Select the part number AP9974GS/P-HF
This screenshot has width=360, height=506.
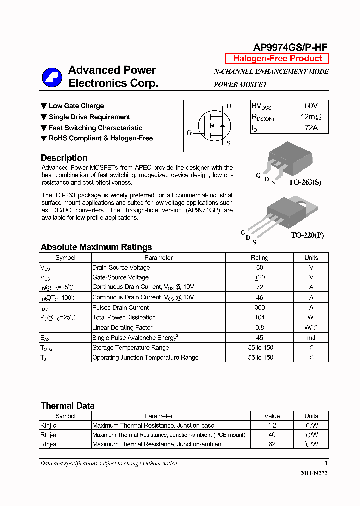pos(290,47)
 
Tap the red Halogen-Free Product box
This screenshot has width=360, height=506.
pos(277,58)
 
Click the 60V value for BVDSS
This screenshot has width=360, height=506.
pos(311,106)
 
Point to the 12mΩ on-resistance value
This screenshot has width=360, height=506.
pos(311,117)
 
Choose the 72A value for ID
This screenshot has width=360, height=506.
pos(311,128)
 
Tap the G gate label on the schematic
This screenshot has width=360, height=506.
pos(189,133)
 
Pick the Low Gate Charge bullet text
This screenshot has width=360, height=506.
pos(76,106)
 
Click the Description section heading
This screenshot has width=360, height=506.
pos(64,158)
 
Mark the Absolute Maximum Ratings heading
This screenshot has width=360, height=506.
pos(96,247)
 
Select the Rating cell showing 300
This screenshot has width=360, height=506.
pos(259,308)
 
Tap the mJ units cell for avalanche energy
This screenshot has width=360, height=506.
pos(311,338)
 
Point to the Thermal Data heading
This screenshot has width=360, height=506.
pos(67,406)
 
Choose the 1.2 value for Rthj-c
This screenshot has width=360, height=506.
pos(272,426)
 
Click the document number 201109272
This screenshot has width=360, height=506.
pos(314,473)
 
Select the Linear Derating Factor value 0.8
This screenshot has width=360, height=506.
pos(259,328)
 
